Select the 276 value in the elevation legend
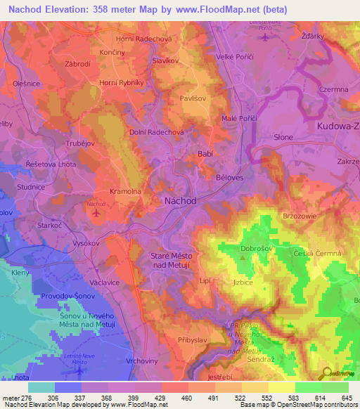pos(25,397)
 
